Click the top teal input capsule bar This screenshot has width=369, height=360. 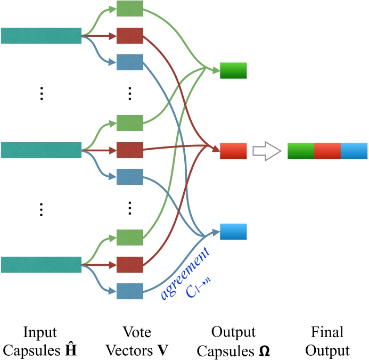[x=41, y=36]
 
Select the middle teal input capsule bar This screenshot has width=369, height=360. [x=41, y=150]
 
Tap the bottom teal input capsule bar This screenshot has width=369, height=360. [x=41, y=264]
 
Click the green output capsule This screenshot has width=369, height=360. [x=233, y=70]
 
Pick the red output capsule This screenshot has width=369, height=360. [x=233, y=151]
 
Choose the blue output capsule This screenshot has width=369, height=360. [x=233, y=232]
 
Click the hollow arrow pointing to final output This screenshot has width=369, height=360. [x=266, y=151]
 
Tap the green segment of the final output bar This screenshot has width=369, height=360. [x=300, y=151]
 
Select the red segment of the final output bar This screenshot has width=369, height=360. [x=327, y=151]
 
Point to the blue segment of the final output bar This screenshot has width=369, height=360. [x=354, y=151]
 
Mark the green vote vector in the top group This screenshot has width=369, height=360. [x=130, y=9]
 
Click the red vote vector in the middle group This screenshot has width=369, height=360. [x=130, y=150]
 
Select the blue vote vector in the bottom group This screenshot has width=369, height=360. [x=130, y=291]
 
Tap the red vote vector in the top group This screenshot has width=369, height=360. [x=130, y=36]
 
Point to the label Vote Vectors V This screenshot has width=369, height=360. [x=130, y=342]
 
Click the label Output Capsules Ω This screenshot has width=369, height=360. [x=233, y=342]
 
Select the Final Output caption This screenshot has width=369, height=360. [x=327, y=342]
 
